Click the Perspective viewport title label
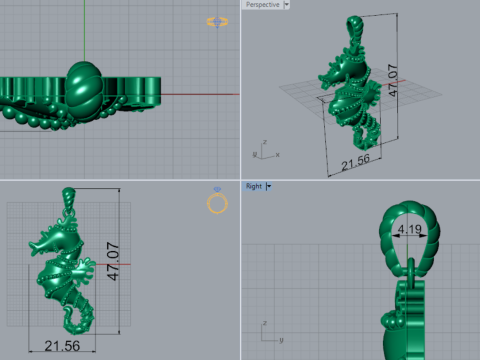[262, 5]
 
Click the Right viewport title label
[253, 186]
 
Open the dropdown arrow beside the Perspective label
[286, 5]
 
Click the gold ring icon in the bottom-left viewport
[217, 204]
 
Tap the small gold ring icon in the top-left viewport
[215, 21]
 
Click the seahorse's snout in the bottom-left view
[32, 243]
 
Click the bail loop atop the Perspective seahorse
[351, 25]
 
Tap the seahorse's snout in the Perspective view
[320, 74]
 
